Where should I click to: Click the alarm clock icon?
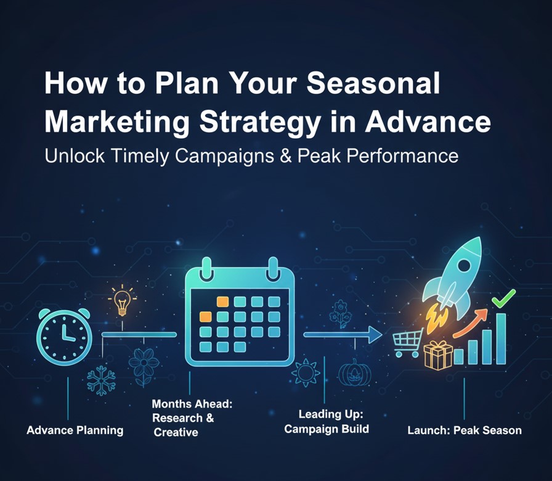pyautogui.click(x=63, y=336)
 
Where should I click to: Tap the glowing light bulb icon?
pyautogui.click(x=122, y=300)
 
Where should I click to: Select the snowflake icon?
pyautogui.click(x=102, y=380)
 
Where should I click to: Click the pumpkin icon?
pyautogui.click(x=354, y=373)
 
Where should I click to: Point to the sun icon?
pyautogui.click(x=306, y=372)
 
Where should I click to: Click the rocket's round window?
pyautogui.click(x=464, y=266)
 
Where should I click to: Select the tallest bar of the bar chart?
pyautogui.click(x=501, y=339)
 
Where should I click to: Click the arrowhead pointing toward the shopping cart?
pyautogui.click(x=375, y=334)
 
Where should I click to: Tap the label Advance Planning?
pyautogui.click(x=75, y=430)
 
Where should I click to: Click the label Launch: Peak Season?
pyautogui.click(x=465, y=430)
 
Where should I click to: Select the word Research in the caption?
pyautogui.click(x=177, y=418)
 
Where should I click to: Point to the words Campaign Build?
pyautogui.click(x=327, y=429)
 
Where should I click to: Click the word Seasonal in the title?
pyautogui.click(x=373, y=83)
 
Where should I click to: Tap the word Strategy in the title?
pyautogui.click(x=260, y=123)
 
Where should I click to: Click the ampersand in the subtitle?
pyautogui.click(x=285, y=156)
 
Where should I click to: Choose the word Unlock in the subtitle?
pyautogui.click(x=75, y=156)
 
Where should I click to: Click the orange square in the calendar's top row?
pyautogui.click(x=222, y=302)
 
